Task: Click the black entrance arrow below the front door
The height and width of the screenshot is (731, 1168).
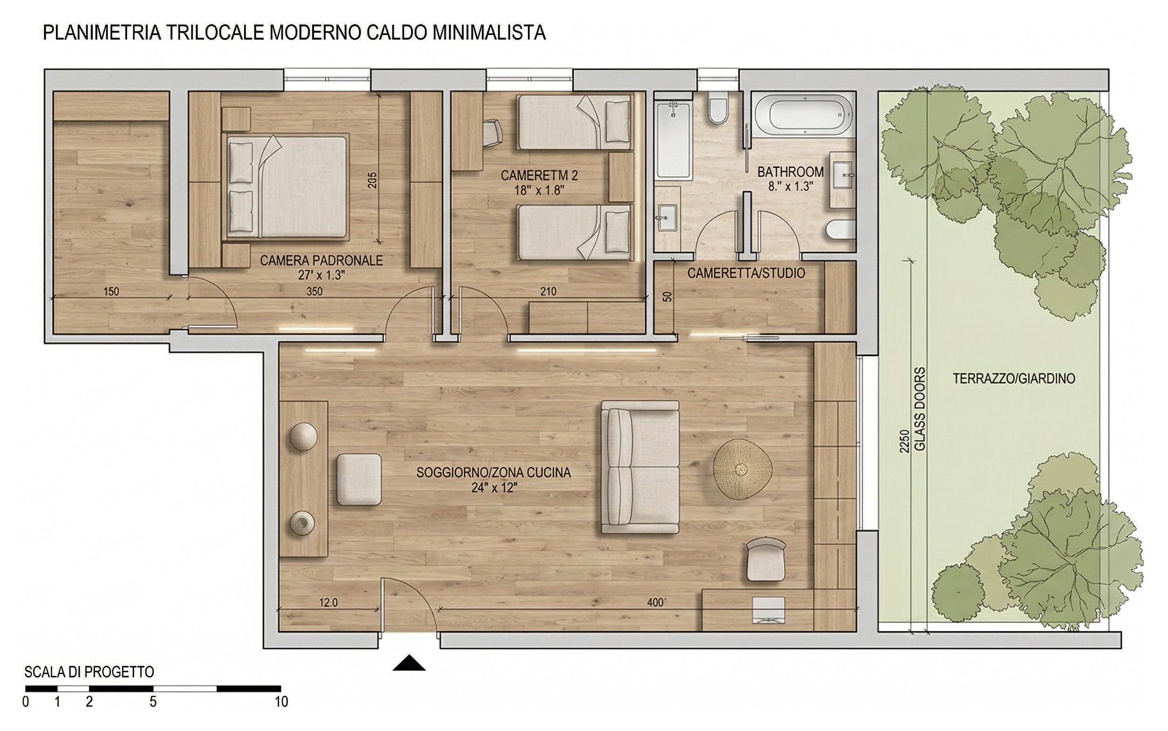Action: pyautogui.click(x=409, y=663)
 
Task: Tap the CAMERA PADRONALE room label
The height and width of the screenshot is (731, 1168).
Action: pyautogui.click(x=321, y=261)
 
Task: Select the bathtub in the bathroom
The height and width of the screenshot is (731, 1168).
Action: pyautogui.click(x=803, y=114)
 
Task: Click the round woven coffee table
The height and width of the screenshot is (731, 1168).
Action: pyautogui.click(x=743, y=468)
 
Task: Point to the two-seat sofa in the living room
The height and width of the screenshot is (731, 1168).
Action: pyautogui.click(x=640, y=467)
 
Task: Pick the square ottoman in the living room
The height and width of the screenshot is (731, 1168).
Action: pyautogui.click(x=358, y=479)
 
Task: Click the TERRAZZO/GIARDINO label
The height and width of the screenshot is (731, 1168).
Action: pyautogui.click(x=1014, y=379)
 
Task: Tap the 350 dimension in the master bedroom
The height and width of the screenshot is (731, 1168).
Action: pyautogui.click(x=314, y=291)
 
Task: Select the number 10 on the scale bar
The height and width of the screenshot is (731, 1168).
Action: pyautogui.click(x=281, y=702)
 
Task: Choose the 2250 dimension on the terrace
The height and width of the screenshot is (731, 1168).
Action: pyautogui.click(x=904, y=441)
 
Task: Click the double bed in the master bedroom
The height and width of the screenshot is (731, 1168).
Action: pyautogui.click(x=287, y=187)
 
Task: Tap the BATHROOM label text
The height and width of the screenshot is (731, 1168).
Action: pyautogui.click(x=790, y=172)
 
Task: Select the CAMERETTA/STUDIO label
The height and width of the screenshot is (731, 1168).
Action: pyautogui.click(x=746, y=273)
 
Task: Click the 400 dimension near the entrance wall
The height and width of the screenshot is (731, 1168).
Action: pyautogui.click(x=656, y=602)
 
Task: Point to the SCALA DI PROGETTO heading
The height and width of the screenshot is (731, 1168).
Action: pyautogui.click(x=89, y=672)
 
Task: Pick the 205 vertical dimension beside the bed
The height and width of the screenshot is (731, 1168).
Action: pyautogui.click(x=371, y=180)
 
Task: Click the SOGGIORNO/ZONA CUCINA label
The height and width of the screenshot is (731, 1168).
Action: pyautogui.click(x=493, y=472)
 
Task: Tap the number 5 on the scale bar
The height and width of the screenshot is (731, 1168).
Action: pyautogui.click(x=153, y=702)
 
